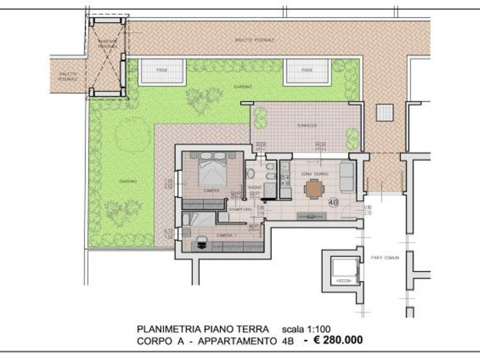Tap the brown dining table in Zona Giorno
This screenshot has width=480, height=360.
click(313, 188)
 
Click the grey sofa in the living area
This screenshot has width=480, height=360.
click(347, 177)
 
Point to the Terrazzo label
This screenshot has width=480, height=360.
click(306, 126)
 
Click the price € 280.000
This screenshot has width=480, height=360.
click(338, 340)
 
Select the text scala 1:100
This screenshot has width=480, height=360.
click(306, 330)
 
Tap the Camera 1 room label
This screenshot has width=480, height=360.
click(226, 235)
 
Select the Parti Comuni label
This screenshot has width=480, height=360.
click(385, 258)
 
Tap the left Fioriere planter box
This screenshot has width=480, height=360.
click(162, 70)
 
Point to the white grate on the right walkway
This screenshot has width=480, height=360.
click(384, 112)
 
